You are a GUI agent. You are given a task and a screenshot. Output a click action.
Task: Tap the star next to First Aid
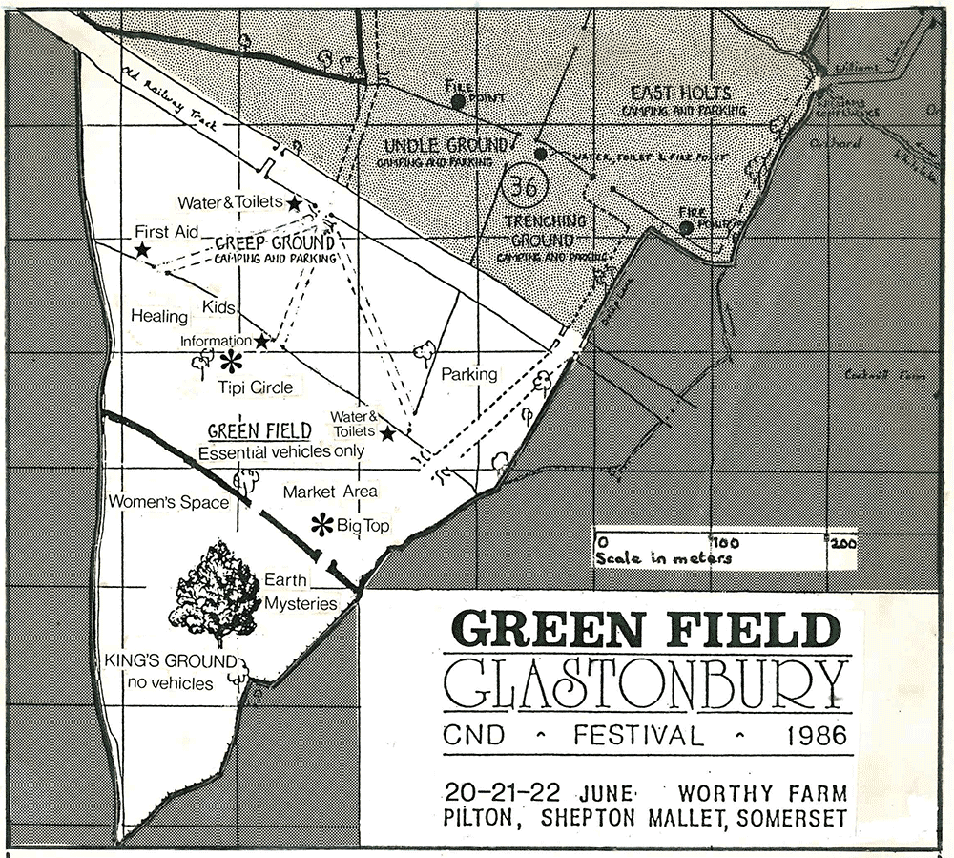pos(143,250)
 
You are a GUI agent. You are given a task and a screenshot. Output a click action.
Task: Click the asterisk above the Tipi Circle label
pos(232,361)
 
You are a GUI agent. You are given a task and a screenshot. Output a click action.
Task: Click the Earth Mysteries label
pos(301,592)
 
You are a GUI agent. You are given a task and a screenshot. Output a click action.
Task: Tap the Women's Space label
pos(168,502)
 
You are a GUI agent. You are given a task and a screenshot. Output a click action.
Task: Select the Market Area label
pos(330,492)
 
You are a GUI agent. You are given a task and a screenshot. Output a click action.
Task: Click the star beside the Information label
pos(261,341)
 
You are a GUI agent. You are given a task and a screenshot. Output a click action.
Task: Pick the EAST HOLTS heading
pos(681,94)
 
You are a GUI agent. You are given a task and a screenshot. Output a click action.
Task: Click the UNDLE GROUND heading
pos(445,146)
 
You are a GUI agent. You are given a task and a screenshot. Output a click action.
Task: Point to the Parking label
pos(468,374)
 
